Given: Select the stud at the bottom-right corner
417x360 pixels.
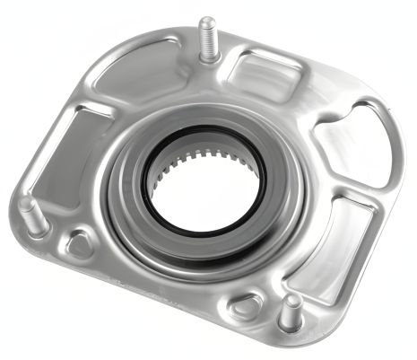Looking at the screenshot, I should click(291, 312).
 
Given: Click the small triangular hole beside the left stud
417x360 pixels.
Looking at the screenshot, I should click(79, 241).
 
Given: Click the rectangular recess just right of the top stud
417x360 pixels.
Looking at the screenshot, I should click(260, 70).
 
